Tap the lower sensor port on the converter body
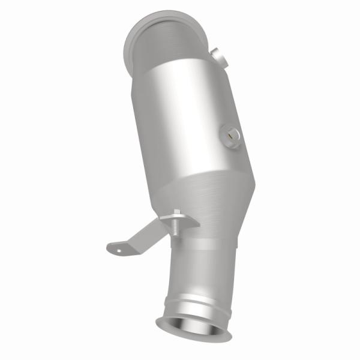pos(230,136)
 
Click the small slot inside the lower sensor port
pos(230,136)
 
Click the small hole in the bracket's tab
pos(118,245)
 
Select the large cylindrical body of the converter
pos(186,120)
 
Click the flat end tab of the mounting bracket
pos(118,245)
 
